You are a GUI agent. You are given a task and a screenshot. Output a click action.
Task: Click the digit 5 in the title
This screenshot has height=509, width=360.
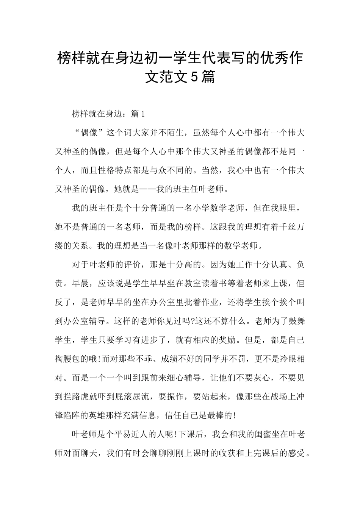point(193,77)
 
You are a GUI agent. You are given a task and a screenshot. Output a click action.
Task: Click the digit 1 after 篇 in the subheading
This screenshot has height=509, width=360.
point(143,113)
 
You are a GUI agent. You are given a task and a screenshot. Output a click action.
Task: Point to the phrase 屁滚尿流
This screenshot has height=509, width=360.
point(133,397)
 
